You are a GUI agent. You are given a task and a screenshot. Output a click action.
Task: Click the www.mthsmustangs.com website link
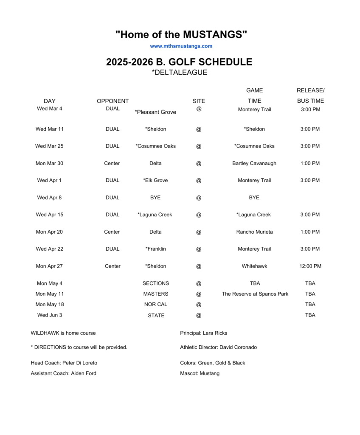pos(181,46)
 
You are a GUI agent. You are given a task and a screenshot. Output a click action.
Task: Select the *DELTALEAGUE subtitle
pos(180,73)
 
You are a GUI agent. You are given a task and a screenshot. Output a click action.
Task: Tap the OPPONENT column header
pos(112,101)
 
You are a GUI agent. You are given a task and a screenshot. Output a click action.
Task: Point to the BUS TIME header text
pos(310,101)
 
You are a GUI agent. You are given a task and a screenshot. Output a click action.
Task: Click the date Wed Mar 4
pos(50,108)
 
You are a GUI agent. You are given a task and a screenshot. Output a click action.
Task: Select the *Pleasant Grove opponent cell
pos(155,112)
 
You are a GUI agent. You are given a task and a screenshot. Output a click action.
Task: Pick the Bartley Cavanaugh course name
pos(254,163)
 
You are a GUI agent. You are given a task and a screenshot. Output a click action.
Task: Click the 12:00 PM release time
pos(310,266)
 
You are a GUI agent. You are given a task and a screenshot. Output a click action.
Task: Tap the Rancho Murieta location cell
pos(254,232)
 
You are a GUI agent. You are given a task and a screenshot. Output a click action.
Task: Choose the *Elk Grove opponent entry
pos(155,180)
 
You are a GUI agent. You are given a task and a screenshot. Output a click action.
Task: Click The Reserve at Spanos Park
pos(255,294)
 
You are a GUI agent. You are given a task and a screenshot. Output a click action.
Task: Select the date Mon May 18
pos(50,304)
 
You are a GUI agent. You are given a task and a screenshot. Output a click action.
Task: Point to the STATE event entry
pos(156,316)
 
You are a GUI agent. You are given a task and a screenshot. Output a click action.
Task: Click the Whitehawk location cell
pos(254,266)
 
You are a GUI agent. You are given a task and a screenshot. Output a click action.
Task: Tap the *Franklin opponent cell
pos(155,249)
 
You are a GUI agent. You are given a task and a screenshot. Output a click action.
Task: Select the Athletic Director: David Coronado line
pos(218,347)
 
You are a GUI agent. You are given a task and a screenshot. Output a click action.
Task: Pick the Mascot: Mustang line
pos(200,373)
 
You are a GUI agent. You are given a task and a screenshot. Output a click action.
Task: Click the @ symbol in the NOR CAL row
pos(199,305)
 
